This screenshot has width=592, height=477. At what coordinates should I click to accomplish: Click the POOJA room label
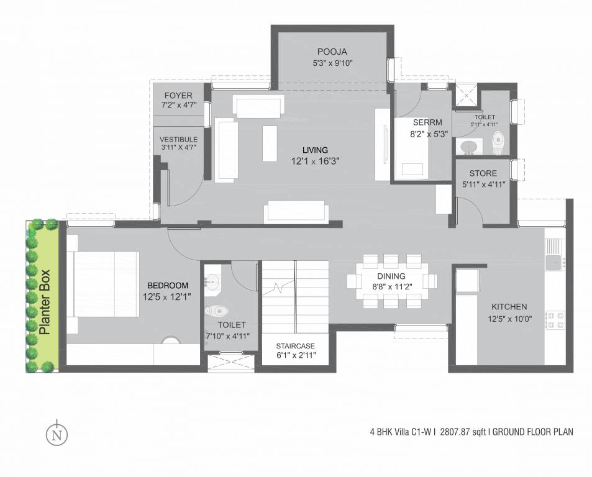[332, 51]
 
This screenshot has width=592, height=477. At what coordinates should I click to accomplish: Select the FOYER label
[178, 96]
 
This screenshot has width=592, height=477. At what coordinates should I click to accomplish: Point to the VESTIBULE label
[178, 139]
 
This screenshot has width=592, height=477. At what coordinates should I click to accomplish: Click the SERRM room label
[422, 122]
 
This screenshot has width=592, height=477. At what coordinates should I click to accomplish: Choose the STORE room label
[483, 173]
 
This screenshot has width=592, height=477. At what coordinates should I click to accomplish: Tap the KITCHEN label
[509, 306]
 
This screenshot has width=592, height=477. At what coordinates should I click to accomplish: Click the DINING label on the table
[391, 276]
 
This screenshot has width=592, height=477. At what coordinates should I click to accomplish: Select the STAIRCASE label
[296, 346]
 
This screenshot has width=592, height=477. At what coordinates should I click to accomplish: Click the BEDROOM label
[165, 285]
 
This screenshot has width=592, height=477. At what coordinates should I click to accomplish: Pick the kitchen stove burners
[553, 319]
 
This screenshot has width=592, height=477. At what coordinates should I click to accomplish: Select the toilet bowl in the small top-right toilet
[498, 143]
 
